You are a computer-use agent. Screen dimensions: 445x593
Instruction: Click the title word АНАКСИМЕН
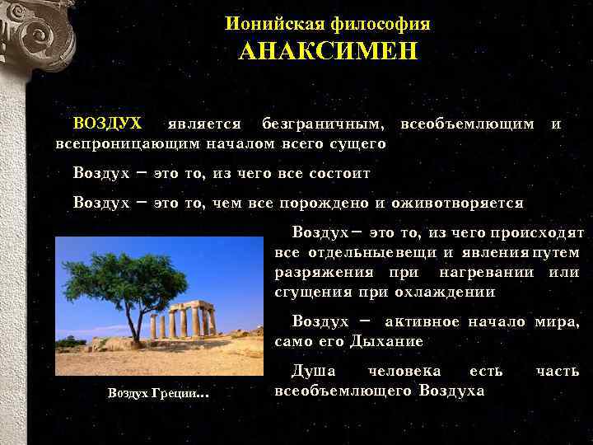point(328,52)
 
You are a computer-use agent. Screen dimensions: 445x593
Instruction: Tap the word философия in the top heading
point(381,24)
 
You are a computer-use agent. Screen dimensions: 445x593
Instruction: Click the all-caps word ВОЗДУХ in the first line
point(107,124)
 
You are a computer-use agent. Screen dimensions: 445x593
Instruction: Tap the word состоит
point(339,174)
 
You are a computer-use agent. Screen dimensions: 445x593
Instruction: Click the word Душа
point(313,371)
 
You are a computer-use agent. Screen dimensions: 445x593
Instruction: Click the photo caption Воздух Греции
point(156,393)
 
